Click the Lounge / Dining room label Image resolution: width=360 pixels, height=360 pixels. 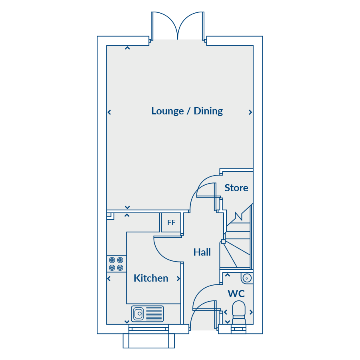(187, 111)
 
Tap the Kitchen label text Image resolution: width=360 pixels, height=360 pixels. (151, 278)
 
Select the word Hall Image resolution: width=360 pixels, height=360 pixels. (202, 252)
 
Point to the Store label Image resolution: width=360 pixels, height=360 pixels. (236, 188)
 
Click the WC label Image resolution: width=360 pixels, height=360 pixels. (236, 294)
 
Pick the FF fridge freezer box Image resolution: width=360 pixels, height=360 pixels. (171, 222)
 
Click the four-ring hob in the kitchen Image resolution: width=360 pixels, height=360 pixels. (116, 264)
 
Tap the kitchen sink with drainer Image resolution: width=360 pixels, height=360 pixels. (147, 313)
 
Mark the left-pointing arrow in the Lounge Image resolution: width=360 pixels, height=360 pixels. (109, 112)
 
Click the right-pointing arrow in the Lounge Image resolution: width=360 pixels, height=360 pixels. (250, 112)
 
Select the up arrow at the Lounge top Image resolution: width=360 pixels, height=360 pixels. (128, 48)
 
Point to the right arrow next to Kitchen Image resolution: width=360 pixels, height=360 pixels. (178, 279)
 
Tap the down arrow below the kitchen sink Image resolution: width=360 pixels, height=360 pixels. (127, 322)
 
